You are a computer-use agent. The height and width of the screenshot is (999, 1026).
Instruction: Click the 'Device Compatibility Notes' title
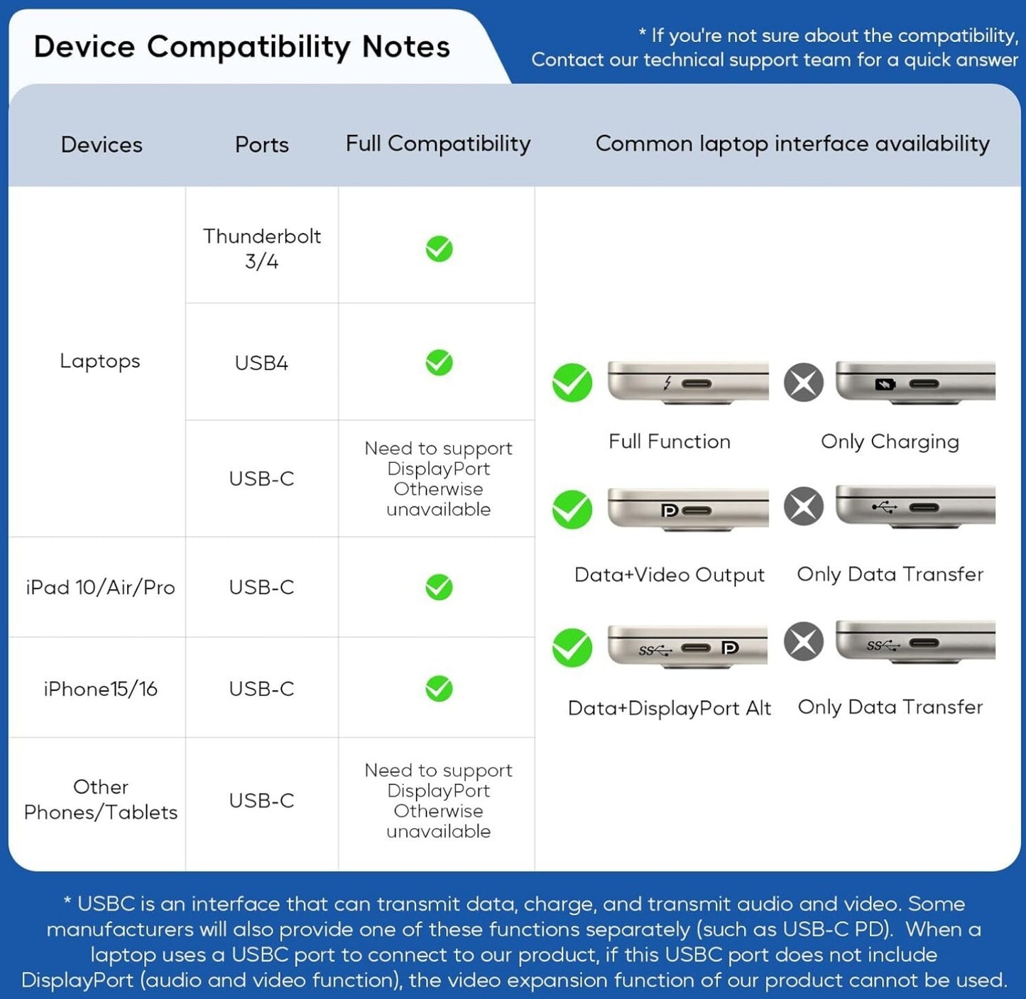point(241,47)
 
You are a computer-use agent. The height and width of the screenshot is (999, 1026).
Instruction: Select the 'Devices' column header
point(102,145)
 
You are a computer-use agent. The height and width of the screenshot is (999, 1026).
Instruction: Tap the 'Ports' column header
point(261,145)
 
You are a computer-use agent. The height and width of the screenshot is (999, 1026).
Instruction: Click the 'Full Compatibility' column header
point(438,143)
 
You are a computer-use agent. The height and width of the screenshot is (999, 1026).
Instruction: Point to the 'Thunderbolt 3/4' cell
point(261,249)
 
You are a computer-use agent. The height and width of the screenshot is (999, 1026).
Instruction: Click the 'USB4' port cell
point(261,363)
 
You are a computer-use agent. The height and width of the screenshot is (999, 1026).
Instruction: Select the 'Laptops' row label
point(99,361)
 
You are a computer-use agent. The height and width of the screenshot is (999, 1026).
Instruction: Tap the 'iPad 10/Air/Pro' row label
point(100,587)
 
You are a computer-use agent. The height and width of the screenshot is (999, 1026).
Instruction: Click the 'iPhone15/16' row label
point(100,689)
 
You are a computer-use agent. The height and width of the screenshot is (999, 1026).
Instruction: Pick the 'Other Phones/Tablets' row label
point(100,799)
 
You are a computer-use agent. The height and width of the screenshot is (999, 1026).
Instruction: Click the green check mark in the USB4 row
point(439,363)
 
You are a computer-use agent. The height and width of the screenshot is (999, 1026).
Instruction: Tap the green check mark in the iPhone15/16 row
point(439,688)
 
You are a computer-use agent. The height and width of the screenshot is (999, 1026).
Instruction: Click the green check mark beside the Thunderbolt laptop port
point(572,383)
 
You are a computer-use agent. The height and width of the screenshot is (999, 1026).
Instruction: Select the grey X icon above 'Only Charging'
point(804,383)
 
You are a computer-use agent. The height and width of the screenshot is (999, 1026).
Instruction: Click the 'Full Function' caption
point(669,442)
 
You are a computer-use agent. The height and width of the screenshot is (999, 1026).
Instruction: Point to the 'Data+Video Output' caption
point(669,574)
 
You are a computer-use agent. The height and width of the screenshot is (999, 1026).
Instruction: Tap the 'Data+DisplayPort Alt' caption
point(669,708)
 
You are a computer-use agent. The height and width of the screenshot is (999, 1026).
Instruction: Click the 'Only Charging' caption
point(890,442)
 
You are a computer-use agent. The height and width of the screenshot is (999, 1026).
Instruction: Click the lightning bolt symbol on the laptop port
point(667,383)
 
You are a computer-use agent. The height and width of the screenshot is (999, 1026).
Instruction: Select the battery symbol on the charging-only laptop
point(885,384)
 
